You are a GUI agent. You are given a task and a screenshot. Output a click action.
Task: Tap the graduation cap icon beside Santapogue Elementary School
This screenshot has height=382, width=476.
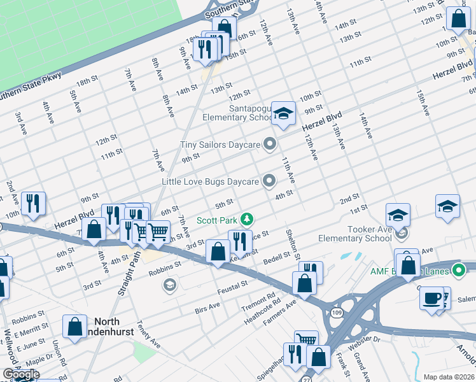[x=284, y=114]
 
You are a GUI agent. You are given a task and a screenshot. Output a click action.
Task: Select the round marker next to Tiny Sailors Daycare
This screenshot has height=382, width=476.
[x=270, y=145]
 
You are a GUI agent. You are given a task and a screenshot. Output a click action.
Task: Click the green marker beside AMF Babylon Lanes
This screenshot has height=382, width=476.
[x=458, y=271]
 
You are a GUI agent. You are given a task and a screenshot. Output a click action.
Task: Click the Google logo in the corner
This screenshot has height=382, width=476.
[x=20, y=374]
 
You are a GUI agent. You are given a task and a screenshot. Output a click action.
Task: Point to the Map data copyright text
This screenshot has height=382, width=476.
[x=449, y=377]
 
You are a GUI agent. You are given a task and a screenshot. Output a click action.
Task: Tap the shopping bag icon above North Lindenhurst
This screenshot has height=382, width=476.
[x=75, y=326]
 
